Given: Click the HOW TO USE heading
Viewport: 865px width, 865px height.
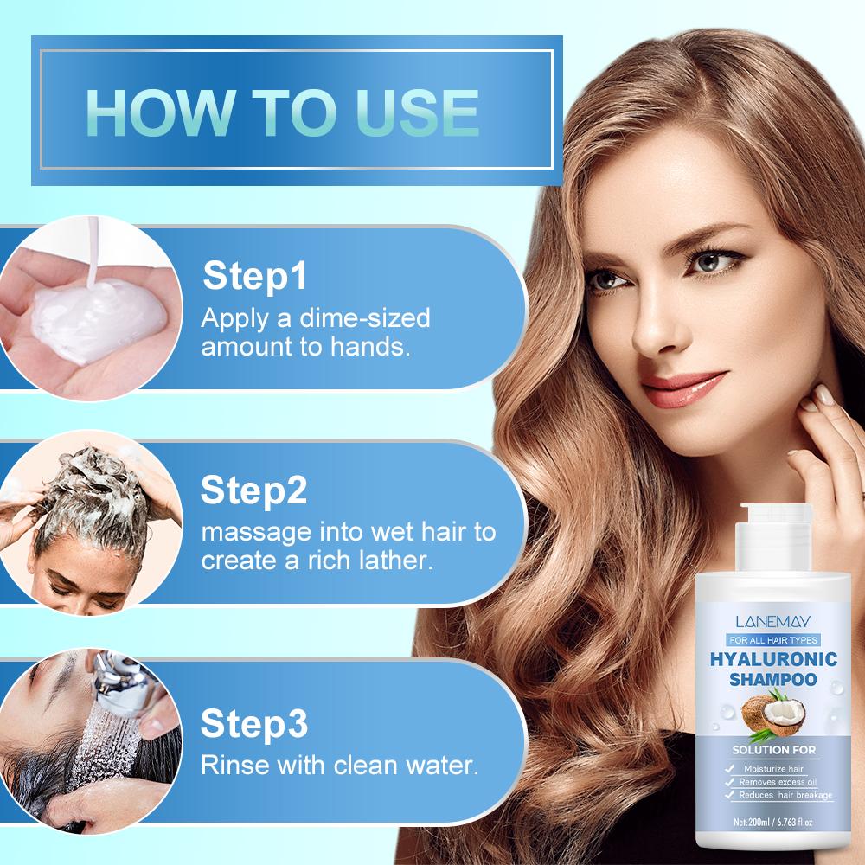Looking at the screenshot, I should point(283,112).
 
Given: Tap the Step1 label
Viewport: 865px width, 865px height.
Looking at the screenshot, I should point(254,278).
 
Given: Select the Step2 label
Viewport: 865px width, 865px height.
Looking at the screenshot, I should point(254,490).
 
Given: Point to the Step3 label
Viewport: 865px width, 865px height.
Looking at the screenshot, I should point(254,723).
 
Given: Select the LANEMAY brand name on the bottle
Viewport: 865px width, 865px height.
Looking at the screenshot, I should point(772,621).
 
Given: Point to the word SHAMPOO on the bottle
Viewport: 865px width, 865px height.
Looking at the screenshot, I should point(772,681).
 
